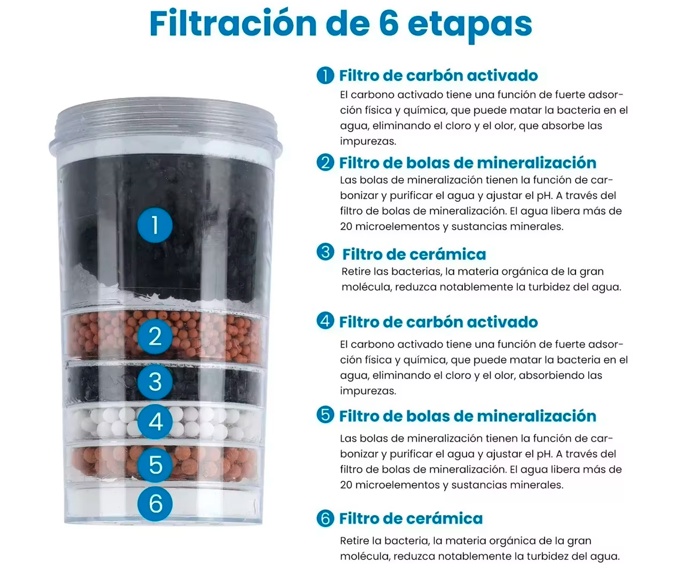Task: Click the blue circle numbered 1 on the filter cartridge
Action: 155,225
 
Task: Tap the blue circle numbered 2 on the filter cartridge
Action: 155,336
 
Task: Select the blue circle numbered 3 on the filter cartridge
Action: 155,382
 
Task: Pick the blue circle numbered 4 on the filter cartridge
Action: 155,422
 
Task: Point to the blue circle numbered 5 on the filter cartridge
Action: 155,465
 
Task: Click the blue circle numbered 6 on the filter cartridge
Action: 155,503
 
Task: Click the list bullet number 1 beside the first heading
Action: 325,75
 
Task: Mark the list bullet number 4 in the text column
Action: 325,321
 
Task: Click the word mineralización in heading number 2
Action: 533,163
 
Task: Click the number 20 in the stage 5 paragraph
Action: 346,485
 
